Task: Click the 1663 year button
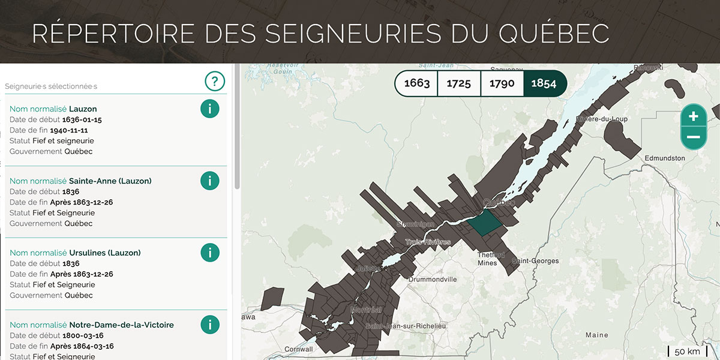pyautogui.click(x=417, y=83)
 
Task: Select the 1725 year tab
pyautogui.click(x=459, y=83)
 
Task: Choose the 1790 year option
pyautogui.click(x=502, y=83)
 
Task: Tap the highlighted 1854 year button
pyautogui.click(x=544, y=83)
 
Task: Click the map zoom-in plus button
pyautogui.click(x=694, y=116)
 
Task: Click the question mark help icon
pyautogui.click(x=214, y=81)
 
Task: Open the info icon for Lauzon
pyautogui.click(x=209, y=109)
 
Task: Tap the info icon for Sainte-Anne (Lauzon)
pyautogui.click(x=209, y=181)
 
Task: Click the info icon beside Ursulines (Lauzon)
pyautogui.click(x=209, y=253)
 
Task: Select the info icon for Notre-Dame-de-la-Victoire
pyautogui.click(x=209, y=325)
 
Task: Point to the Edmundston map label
pyautogui.click(x=664, y=158)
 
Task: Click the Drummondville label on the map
pyautogui.click(x=432, y=280)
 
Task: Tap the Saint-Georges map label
pyautogui.click(x=535, y=261)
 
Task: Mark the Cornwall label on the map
pyautogui.click(x=299, y=349)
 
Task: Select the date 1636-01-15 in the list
pyautogui.click(x=82, y=119)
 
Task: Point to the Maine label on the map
pyautogui.click(x=596, y=335)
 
